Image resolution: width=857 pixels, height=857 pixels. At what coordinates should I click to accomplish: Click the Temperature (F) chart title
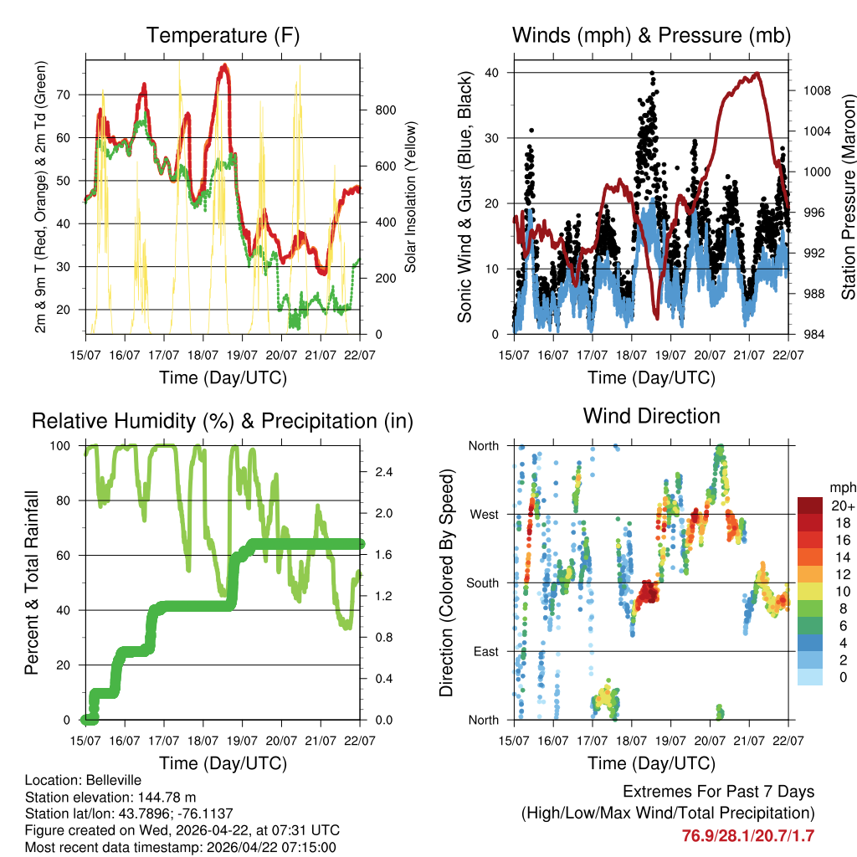click(x=223, y=35)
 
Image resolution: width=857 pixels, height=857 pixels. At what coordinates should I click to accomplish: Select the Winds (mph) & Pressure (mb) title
click(x=651, y=35)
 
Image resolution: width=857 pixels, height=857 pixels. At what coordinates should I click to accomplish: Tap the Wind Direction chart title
click(x=651, y=415)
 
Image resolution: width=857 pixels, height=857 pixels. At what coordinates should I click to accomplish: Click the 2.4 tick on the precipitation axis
click(x=383, y=473)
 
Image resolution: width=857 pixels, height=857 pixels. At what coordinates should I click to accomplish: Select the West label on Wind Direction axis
click(x=483, y=514)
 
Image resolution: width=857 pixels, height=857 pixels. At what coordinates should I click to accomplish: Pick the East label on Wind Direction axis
click(x=485, y=651)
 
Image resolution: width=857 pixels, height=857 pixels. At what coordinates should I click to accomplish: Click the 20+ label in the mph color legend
click(x=841, y=505)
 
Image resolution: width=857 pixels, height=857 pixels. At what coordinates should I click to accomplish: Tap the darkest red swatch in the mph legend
click(x=809, y=505)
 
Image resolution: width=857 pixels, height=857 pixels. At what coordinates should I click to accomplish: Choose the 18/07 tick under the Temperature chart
click(x=203, y=355)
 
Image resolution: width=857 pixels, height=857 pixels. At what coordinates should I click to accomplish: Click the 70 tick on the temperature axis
click(x=70, y=95)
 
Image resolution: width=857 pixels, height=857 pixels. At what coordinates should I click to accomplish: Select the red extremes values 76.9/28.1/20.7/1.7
click(x=748, y=836)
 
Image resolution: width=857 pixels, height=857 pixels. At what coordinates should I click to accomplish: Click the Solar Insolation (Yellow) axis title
click(x=411, y=196)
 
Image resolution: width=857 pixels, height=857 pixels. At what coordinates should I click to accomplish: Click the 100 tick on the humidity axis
click(x=64, y=446)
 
